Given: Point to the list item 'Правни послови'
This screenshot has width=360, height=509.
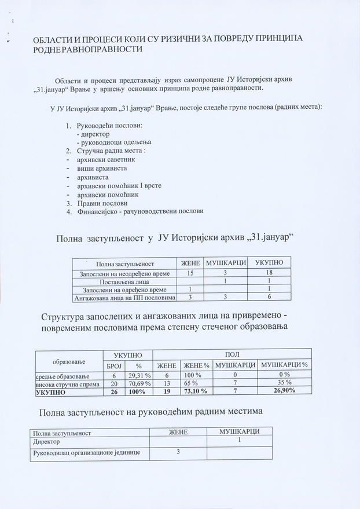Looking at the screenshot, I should point(102,203).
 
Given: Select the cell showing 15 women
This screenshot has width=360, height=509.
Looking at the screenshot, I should point(190,272).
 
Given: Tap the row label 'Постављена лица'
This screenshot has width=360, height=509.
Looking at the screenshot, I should point(124,281).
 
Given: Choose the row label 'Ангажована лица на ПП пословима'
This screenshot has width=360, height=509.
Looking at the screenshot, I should point(124,298).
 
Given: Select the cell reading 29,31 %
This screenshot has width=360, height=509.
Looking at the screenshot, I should point(139,375).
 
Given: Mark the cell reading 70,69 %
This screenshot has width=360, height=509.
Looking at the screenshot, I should point(139,383).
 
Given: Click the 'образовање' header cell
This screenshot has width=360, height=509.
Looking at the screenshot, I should point(69,361).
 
